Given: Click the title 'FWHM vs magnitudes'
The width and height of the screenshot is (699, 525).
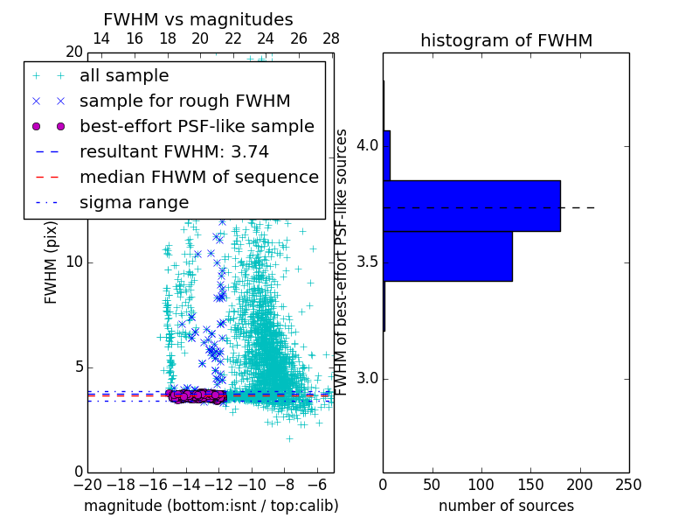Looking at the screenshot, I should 198,20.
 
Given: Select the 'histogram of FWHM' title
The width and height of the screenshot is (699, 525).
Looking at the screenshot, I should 506,40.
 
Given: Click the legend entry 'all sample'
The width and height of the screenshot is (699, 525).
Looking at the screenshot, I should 124,76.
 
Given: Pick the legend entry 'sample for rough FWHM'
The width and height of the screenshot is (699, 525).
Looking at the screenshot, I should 185,101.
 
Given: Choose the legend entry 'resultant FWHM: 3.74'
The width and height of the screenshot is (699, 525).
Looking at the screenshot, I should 174,151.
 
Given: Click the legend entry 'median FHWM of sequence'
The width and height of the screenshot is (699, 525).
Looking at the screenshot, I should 198,177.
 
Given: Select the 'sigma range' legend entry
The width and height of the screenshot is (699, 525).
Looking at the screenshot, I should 134,202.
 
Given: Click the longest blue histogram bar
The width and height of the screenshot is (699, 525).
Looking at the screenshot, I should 472,206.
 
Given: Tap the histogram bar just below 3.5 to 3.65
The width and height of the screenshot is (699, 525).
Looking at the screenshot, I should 447,256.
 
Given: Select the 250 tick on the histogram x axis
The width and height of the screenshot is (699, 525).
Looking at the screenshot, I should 628,484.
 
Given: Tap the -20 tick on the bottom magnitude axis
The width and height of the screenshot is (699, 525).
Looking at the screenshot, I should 87,484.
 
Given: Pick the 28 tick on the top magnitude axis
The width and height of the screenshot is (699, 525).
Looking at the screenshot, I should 331,39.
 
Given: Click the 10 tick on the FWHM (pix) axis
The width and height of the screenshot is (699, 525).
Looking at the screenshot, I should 73,262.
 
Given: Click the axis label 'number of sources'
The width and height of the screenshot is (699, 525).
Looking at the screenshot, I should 506,506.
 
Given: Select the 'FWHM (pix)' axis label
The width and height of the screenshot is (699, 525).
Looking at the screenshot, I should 52,262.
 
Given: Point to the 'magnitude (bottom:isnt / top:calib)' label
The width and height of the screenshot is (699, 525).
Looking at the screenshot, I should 211,506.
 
